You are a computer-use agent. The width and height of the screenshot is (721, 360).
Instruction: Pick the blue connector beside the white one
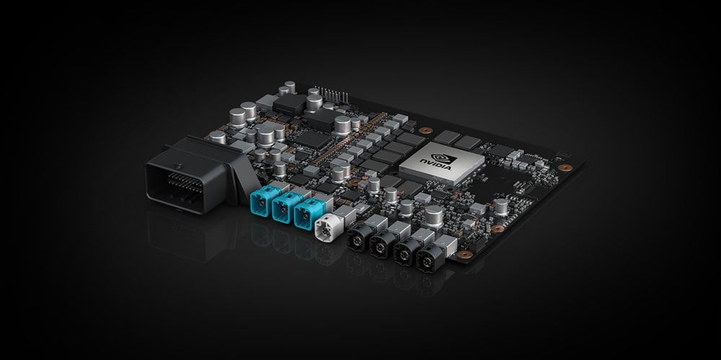pos(308,213)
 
